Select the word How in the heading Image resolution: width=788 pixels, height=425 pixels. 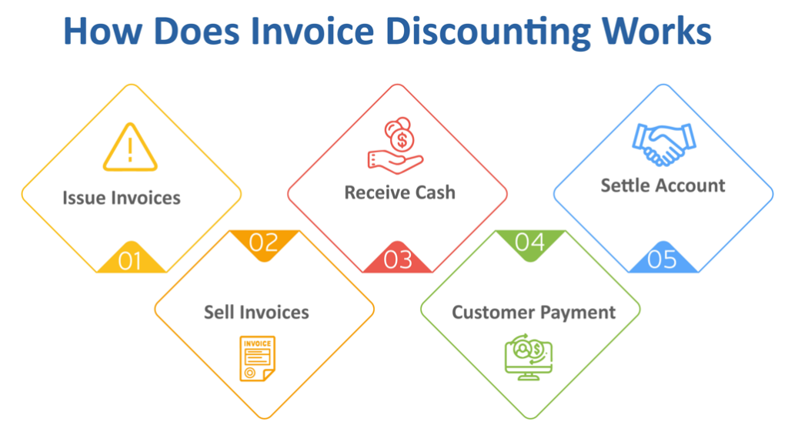click(102, 32)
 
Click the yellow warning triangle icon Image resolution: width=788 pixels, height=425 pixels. click(130, 147)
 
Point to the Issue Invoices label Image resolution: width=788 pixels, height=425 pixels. click(121, 198)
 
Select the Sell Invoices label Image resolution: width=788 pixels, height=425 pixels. click(256, 313)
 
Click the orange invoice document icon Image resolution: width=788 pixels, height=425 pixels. click(257, 359)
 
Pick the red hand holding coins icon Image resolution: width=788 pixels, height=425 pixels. click(396, 146)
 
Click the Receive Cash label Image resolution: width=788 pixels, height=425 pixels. click(399, 192)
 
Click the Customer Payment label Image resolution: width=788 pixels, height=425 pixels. click(534, 313)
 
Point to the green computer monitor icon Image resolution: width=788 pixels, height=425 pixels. click(529, 356)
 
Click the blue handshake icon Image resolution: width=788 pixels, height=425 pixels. click(664, 144)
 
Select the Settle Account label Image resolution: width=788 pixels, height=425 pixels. click(663, 186)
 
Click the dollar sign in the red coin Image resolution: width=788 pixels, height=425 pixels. click(402, 140)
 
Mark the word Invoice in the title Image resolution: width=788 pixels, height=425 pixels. click(312, 32)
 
